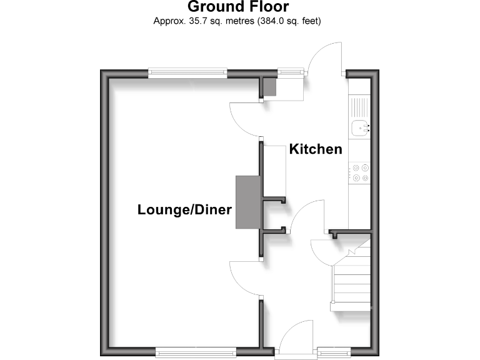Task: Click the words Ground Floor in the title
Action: click(238, 7)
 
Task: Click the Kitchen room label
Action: click(315, 149)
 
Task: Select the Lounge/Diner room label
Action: click(184, 210)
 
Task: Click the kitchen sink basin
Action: click(359, 129)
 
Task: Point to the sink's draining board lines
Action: click(360, 107)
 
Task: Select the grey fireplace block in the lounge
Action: click(247, 203)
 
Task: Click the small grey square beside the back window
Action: click(269, 87)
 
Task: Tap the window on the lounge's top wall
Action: click(187, 74)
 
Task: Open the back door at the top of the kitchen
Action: click(326, 60)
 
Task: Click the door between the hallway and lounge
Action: click(245, 278)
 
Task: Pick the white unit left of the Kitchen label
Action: click(274, 169)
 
